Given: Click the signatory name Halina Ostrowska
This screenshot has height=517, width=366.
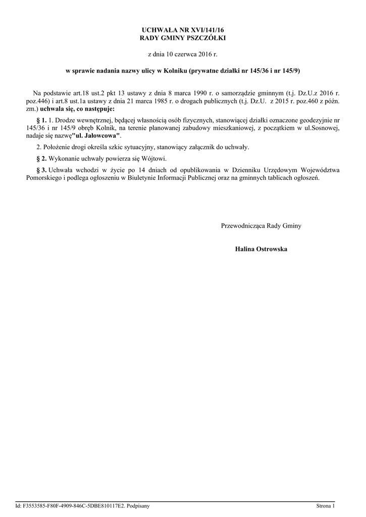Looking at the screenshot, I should (261, 249).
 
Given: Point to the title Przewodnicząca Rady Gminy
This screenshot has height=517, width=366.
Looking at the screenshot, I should (261, 226).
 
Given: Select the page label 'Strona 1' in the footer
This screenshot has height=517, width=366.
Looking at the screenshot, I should (325, 505).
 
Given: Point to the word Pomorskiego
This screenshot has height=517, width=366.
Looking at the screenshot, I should (43, 178).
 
